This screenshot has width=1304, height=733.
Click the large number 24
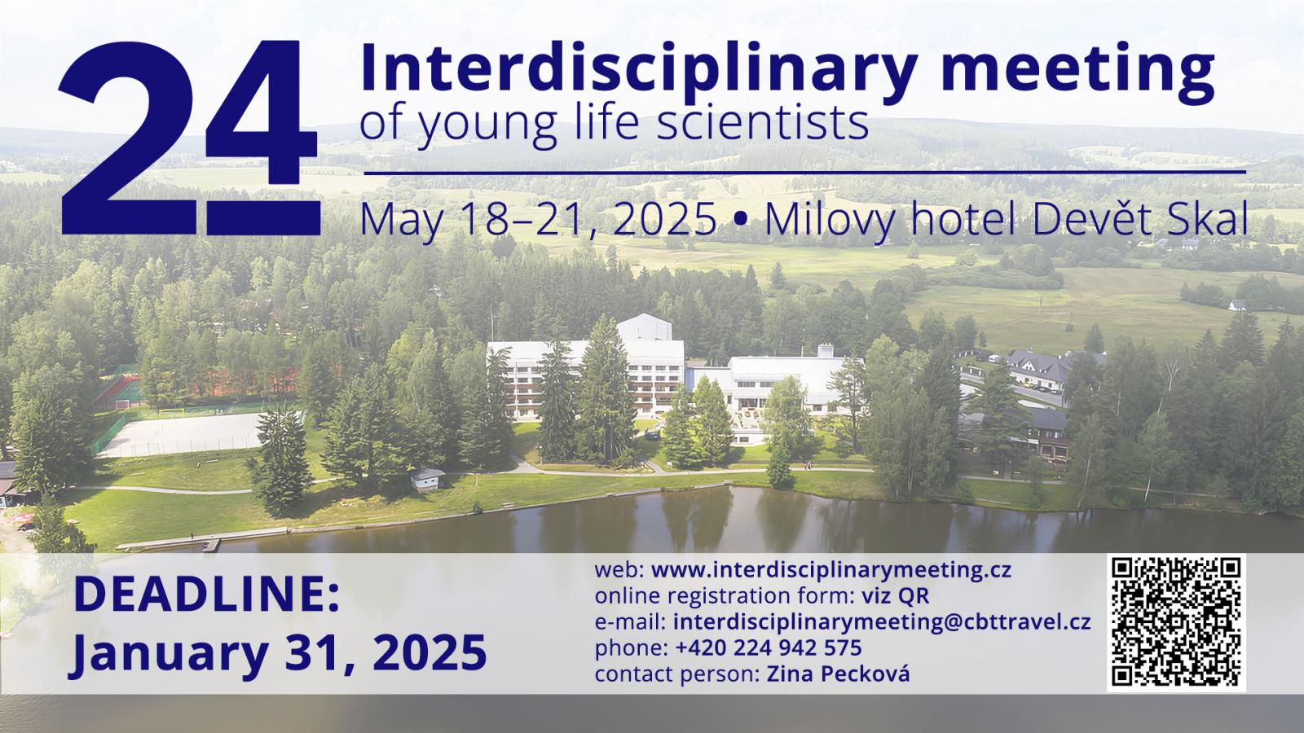click(x=189, y=138)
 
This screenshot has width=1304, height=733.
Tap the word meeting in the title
click(x=1078, y=71)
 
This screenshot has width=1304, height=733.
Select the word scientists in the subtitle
click(x=763, y=123)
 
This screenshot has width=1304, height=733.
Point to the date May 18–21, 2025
click(x=539, y=219)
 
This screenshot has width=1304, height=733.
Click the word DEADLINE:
click(x=207, y=594)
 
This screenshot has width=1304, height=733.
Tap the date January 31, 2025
click(x=278, y=652)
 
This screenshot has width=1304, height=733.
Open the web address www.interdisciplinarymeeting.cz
click(x=831, y=570)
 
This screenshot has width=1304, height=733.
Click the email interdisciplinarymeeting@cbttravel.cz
click(x=882, y=622)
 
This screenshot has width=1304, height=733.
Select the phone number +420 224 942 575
click(x=769, y=647)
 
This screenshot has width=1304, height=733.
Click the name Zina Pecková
click(x=839, y=674)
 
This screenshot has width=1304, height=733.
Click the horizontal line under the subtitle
click(x=805, y=172)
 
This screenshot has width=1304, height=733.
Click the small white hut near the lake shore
click(x=427, y=480)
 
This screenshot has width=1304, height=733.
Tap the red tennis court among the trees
click(x=118, y=392)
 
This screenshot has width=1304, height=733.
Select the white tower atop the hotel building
click(x=645, y=327)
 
